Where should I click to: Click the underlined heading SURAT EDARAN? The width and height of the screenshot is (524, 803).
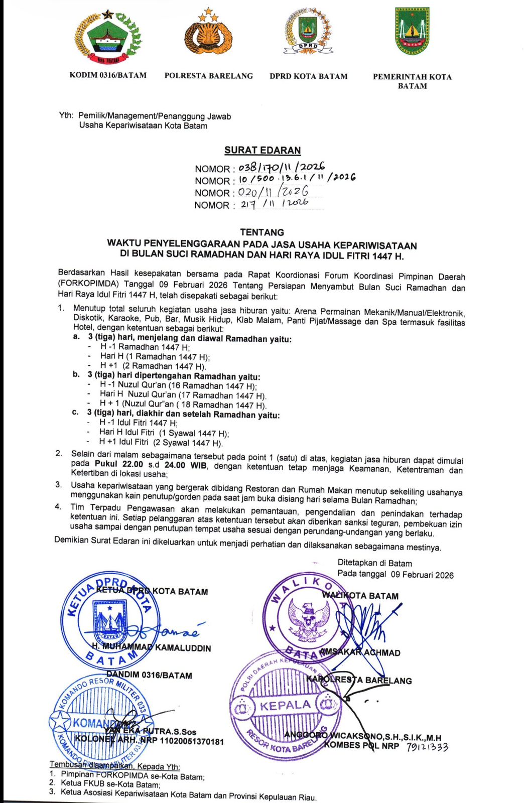[263, 150]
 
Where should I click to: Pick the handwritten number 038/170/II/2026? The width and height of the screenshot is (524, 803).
[282, 167]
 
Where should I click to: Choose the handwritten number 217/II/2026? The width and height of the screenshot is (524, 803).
[274, 204]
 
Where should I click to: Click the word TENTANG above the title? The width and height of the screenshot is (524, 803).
[262, 232]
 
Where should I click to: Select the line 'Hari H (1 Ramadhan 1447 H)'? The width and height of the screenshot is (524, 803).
[155, 357]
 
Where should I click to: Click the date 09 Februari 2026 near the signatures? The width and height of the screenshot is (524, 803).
[422, 575]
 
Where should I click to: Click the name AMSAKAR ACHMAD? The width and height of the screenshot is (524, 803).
[360, 652]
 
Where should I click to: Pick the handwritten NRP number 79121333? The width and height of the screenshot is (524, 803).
[427, 747]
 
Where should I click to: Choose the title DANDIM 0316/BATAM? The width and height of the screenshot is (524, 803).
[149, 675]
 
